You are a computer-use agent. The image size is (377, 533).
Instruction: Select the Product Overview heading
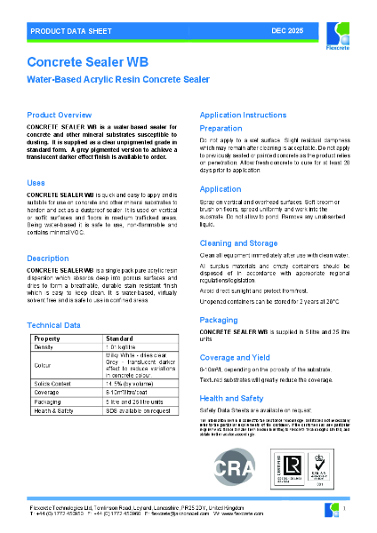[x=59, y=115]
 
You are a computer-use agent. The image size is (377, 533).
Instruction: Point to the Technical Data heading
[x=54, y=325]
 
